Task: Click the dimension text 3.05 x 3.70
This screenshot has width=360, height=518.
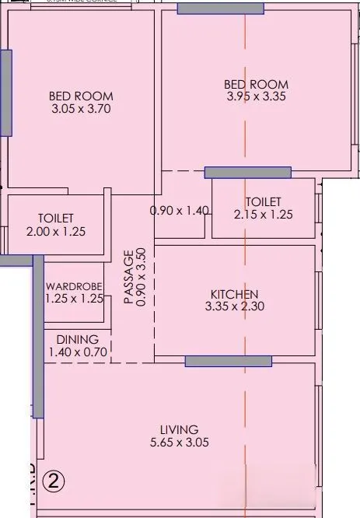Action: [81, 110]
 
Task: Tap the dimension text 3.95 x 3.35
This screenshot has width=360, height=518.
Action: [256, 97]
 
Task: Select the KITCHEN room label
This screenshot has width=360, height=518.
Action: [234, 294]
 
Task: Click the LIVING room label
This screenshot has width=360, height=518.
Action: [179, 429]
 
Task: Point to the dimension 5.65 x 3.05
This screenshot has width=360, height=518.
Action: [179, 443]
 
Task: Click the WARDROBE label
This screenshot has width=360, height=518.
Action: [74, 285]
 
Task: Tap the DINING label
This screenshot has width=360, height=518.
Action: [77, 339]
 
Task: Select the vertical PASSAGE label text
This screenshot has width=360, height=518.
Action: [128, 278]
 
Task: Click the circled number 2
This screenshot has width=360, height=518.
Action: [54, 480]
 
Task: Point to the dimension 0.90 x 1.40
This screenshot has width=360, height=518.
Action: [180, 210]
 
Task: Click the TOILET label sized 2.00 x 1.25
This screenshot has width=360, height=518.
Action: [55, 219]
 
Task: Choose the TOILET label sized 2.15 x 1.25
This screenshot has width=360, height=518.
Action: [263, 201]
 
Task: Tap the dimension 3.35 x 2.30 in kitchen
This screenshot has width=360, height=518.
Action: [234, 307]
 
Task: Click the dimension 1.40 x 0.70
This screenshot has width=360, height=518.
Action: [77, 352]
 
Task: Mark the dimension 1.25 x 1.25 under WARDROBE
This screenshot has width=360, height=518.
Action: [74, 298]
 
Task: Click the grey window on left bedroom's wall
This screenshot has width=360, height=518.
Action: [5, 93]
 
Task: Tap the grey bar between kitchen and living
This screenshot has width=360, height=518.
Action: [228, 361]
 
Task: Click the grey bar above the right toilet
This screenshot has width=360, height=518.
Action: [247, 173]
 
